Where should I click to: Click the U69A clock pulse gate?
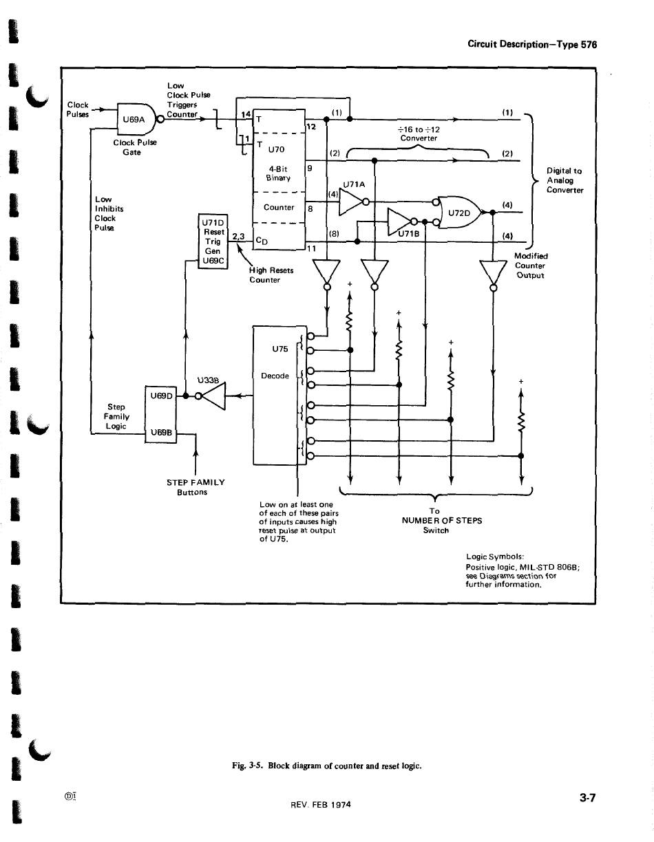click(x=135, y=118)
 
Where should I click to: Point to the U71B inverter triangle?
click(x=401, y=221)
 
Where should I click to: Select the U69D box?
click(x=160, y=396)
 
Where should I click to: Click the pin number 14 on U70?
click(x=244, y=114)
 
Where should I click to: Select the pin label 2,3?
click(x=238, y=237)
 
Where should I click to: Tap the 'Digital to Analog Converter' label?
click(x=565, y=180)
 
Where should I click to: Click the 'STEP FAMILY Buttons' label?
click(x=196, y=487)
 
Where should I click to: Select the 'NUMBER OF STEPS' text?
click(x=441, y=521)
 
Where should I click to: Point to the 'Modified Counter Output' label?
click(x=529, y=266)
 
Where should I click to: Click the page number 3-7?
click(x=587, y=799)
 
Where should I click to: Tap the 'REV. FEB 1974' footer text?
click(x=320, y=804)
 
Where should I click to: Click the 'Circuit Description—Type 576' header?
click(x=531, y=44)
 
